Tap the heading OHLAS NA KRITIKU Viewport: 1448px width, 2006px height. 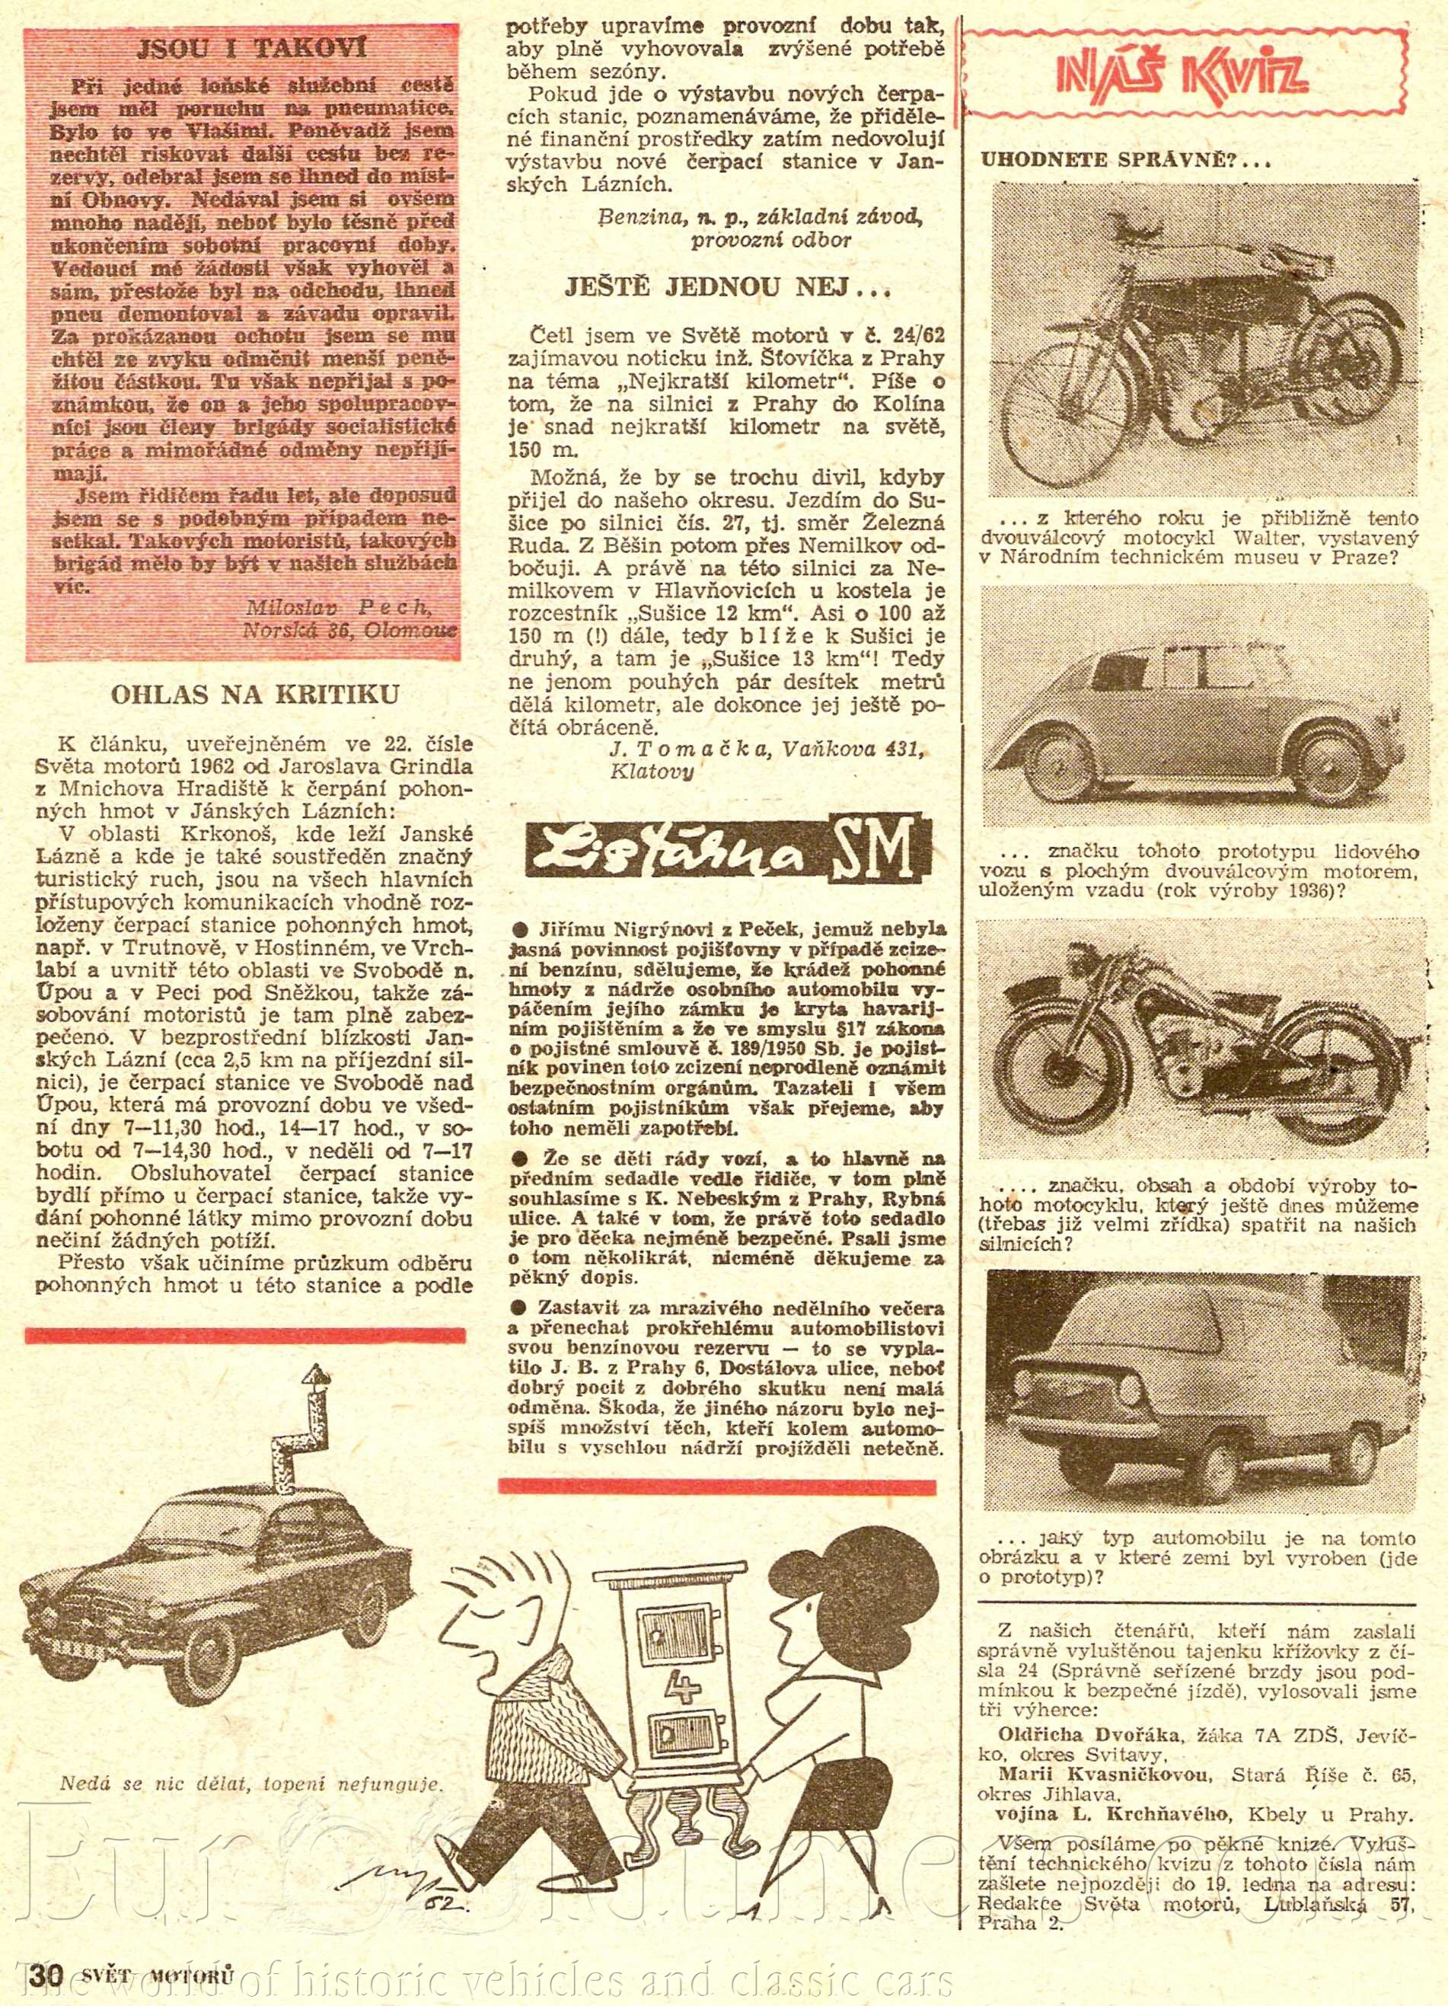254,695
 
